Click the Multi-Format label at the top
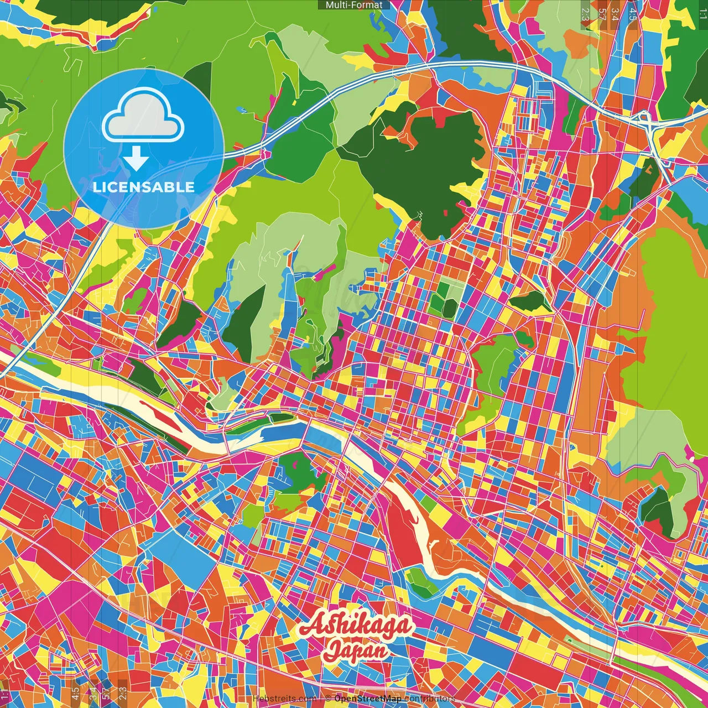click(354, 5)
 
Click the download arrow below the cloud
click(136, 160)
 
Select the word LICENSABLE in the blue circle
click(144, 187)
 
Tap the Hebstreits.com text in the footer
click(284, 699)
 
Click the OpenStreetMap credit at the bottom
click(367, 699)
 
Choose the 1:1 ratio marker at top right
click(702, 12)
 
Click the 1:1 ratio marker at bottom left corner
click(4, 695)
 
